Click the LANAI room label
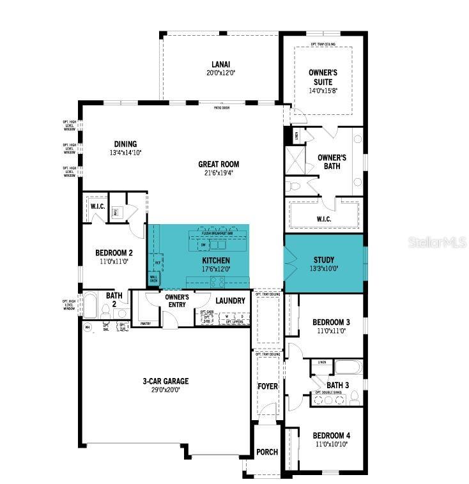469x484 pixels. (x=220, y=64)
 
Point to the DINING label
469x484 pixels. (x=125, y=144)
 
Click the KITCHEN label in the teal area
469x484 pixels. (x=216, y=261)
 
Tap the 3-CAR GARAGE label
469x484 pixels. (x=165, y=381)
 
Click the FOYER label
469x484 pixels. (x=267, y=386)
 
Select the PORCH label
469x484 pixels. (x=267, y=452)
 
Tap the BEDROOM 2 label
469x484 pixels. (x=114, y=252)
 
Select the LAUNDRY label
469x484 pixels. (x=230, y=300)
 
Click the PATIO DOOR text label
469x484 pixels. (x=222, y=108)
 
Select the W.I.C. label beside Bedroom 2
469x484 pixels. (x=98, y=206)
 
